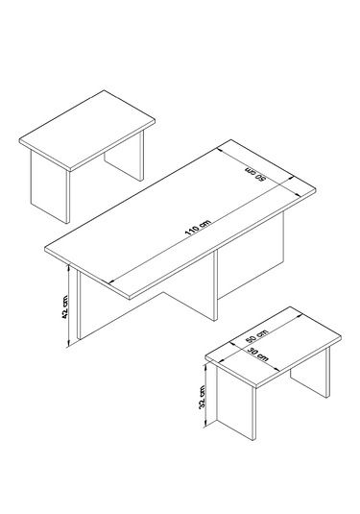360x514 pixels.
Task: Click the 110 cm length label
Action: click(x=198, y=227)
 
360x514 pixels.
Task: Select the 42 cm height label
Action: click(x=64, y=306)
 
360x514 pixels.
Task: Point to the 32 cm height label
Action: click(x=202, y=397)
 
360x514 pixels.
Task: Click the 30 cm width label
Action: click(x=257, y=355)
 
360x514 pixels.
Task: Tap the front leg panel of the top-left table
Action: click(x=50, y=186)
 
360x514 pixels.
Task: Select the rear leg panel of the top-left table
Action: click(x=124, y=157)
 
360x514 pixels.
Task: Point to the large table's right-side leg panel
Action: click(x=251, y=255)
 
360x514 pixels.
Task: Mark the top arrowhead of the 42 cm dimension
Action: click(x=68, y=267)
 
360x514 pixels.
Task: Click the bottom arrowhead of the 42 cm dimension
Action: click(x=68, y=343)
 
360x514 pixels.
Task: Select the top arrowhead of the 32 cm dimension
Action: click(x=205, y=366)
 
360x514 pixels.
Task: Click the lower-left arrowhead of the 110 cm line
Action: click(x=111, y=281)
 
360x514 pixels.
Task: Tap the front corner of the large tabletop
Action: click(x=131, y=299)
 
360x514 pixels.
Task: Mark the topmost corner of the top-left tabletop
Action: click(x=105, y=90)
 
